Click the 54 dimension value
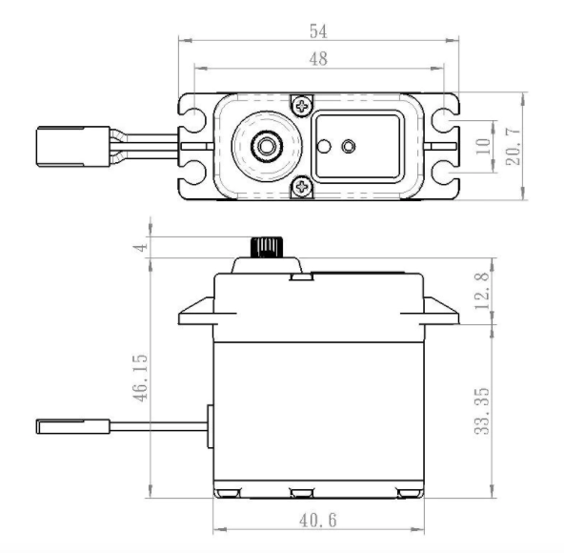pyautogui.click(x=318, y=31)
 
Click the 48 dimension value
pyautogui.click(x=318, y=59)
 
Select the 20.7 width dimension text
pyautogui.click(x=514, y=146)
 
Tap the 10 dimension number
pyautogui.click(x=484, y=146)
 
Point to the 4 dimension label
pyautogui.click(x=141, y=247)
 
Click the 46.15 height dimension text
pyautogui.click(x=140, y=378)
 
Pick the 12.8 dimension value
pyautogui.click(x=482, y=291)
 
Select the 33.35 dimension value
pyautogui.click(x=482, y=411)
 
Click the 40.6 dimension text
pyautogui.click(x=318, y=521)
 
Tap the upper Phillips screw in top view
pyautogui.click(x=302, y=106)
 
